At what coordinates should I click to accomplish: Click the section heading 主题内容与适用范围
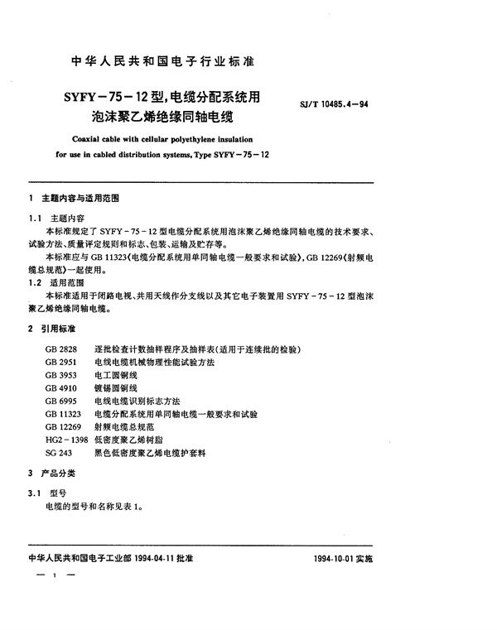click(85, 200)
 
